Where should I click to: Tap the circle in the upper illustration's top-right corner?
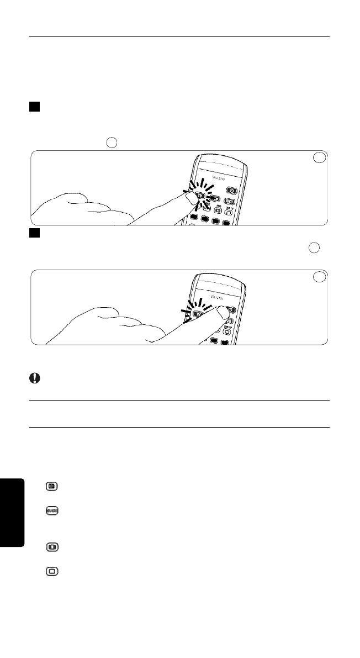point(319,158)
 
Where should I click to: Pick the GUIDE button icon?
point(53,510)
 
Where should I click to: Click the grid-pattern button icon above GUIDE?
point(53,487)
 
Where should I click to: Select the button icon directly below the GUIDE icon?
point(53,547)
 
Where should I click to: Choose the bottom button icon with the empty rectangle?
point(53,571)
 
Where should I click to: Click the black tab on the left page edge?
point(12,513)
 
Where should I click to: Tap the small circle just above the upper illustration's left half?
point(112,142)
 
